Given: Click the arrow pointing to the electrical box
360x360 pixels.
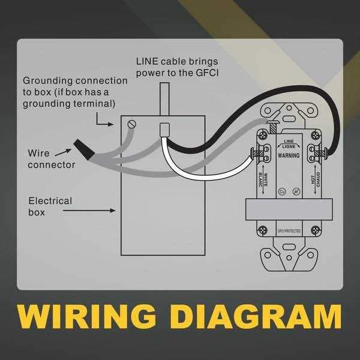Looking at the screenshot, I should click(102, 211).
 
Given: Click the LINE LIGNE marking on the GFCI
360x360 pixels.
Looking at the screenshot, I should click(288, 145).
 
